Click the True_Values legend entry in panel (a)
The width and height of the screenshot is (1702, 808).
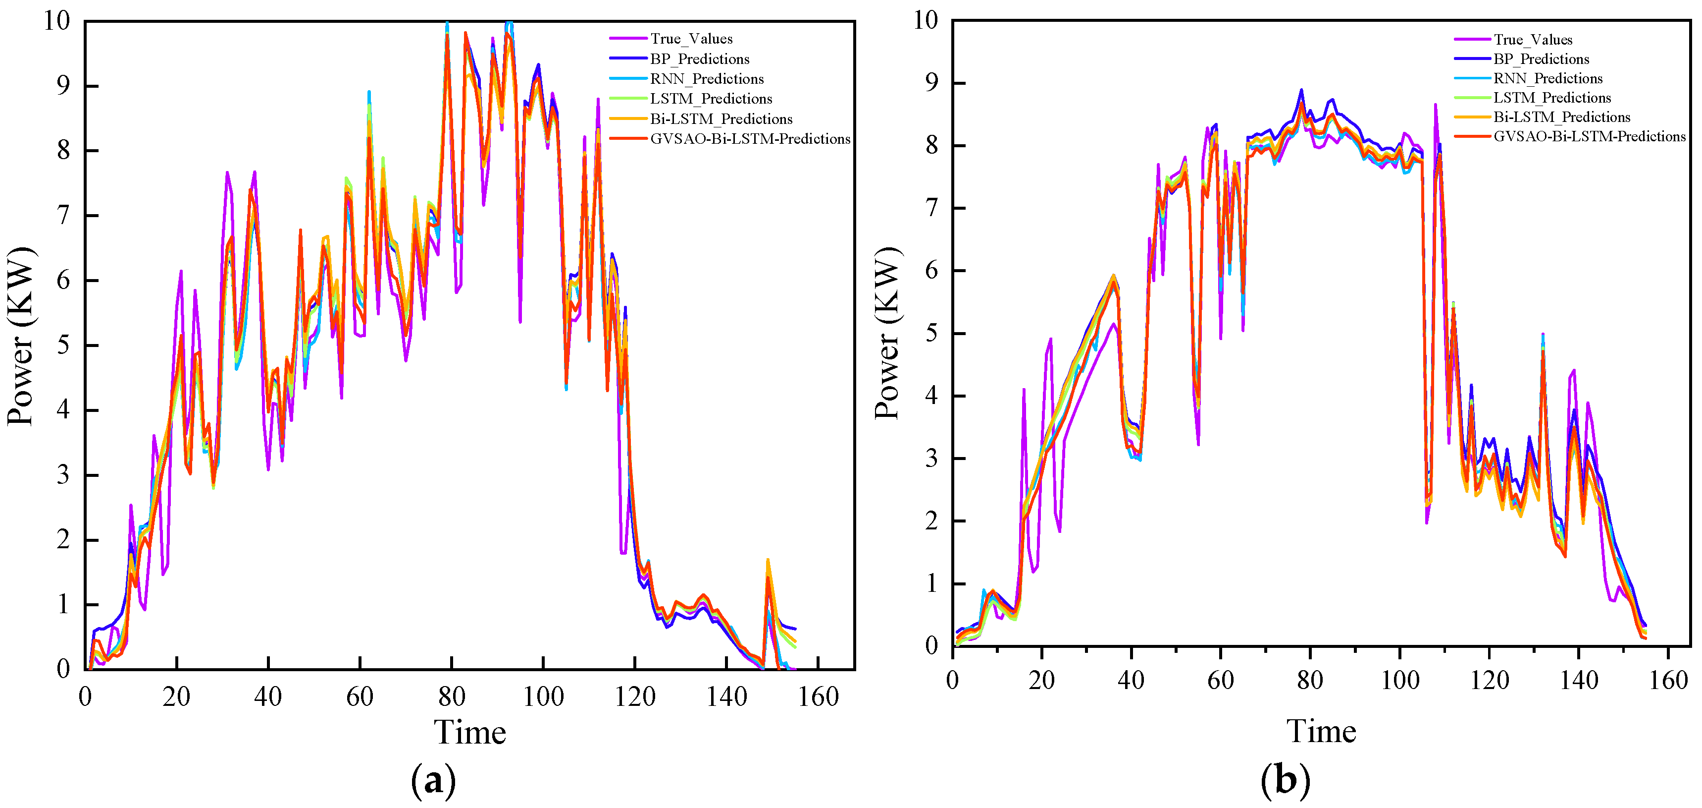pos(690,39)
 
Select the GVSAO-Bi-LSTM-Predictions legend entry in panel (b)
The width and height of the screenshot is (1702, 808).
pos(1589,137)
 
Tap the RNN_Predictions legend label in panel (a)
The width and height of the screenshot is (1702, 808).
pos(706,79)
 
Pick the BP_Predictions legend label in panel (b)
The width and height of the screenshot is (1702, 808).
pos(1541,59)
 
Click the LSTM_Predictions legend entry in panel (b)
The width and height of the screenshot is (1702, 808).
pos(1552,98)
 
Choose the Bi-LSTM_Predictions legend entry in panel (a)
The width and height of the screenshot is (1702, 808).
pos(721,119)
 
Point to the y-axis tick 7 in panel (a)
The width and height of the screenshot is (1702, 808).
pos(63,216)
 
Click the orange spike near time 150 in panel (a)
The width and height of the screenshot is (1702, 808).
pos(768,561)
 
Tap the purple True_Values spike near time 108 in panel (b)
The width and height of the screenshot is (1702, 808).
pos(1435,105)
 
